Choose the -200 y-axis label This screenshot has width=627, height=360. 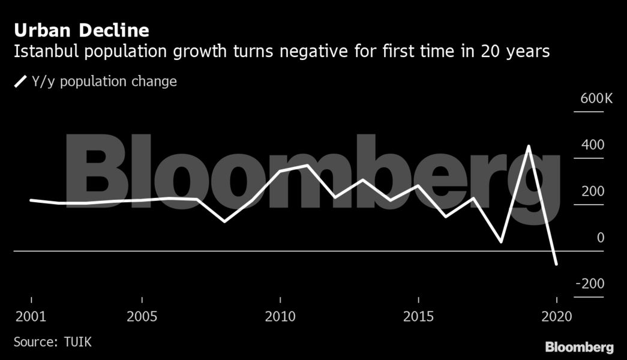coord(590,284)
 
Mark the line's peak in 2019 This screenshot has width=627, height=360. coord(529,146)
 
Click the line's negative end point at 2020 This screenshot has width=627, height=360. coord(556,263)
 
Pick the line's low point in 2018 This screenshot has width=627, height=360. coord(501,242)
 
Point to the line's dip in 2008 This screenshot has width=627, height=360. coord(224,221)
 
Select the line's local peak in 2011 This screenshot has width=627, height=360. coord(307,165)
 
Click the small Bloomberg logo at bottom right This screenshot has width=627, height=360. coord(579,347)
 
